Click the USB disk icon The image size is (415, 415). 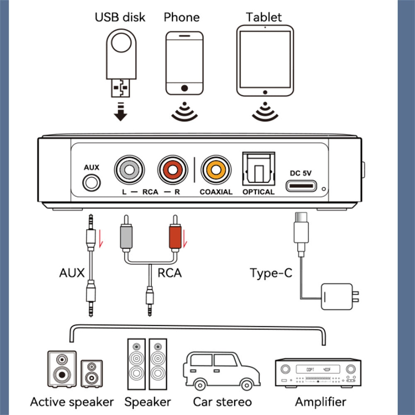click(x=121, y=62)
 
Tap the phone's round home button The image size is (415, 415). click(x=184, y=88)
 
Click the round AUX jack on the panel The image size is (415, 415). click(x=92, y=182)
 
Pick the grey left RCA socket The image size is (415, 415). click(x=130, y=169)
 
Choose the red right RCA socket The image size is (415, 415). click(x=172, y=169)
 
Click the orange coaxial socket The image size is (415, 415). click(x=216, y=169)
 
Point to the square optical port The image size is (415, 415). click(x=259, y=169)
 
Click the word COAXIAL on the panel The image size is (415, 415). click(x=216, y=192)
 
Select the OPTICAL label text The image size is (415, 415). click(x=258, y=192)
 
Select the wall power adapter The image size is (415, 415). click(x=339, y=296)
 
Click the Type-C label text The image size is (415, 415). click(x=271, y=273)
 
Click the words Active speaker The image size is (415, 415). click(x=72, y=402)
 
